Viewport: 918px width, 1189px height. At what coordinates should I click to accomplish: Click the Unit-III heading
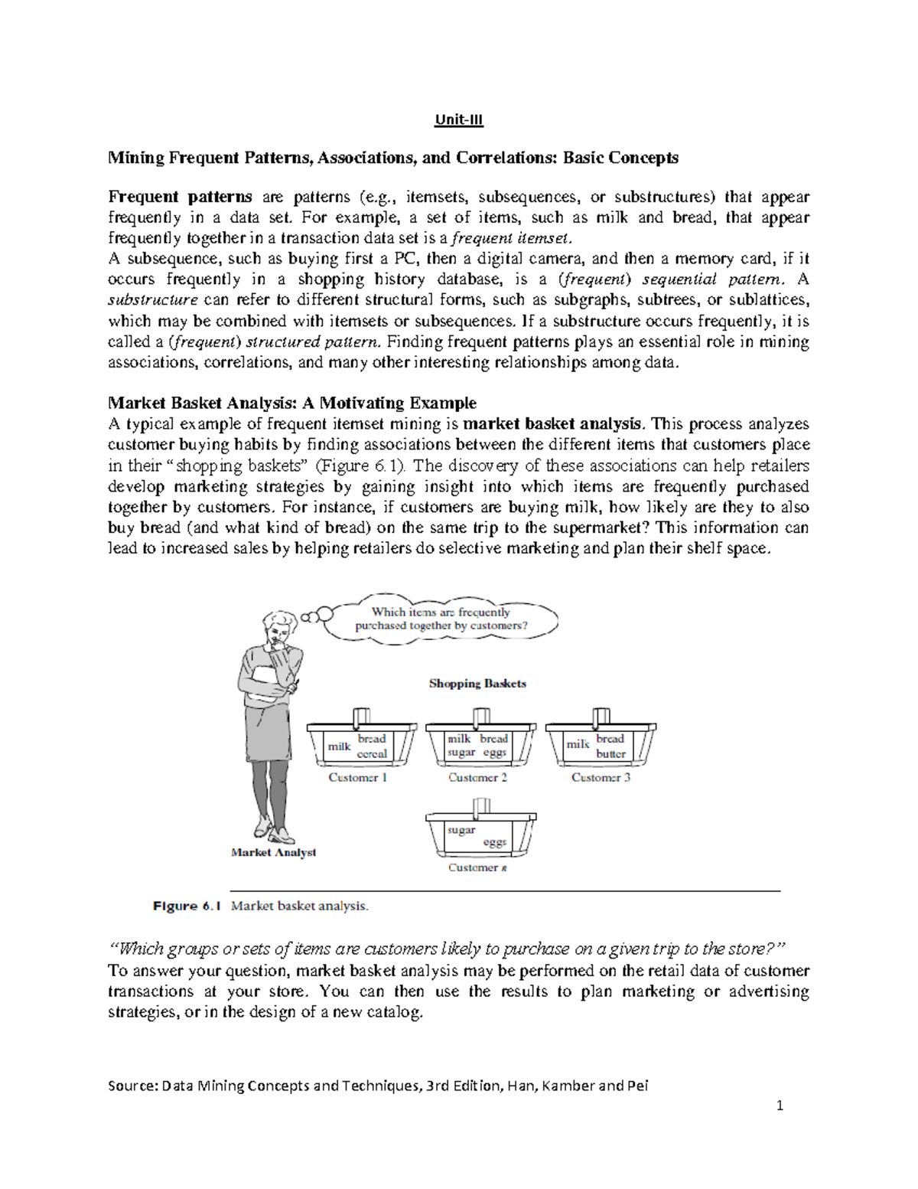(x=458, y=120)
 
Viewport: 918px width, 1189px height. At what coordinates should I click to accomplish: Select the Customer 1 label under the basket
(x=357, y=778)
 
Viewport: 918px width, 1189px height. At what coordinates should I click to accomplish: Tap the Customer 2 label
(x=477, y=778)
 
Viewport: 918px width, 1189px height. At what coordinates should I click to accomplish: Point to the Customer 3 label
(x=601, y=778)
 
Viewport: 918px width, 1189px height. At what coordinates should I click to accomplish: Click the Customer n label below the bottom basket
(x=477, y=867)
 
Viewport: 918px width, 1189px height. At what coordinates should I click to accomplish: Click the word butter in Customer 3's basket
(x=610, y=753)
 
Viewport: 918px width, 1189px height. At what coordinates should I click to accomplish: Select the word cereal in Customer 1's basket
(x=372, y=753)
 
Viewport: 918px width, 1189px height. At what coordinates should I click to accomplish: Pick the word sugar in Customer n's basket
(x=461, y=830)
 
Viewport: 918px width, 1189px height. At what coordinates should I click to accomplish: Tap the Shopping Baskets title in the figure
(x=477, y=684)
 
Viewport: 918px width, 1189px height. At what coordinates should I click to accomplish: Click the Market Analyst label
(x=273, y=852)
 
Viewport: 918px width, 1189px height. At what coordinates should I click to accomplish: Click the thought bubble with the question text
(x=441, y=619)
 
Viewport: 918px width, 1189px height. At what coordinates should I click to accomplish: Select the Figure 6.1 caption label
(x=187, y=906)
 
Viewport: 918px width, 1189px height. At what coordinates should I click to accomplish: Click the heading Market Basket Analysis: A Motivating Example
(x=292, y=403)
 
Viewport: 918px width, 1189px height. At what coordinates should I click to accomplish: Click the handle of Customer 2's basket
(x=477, y=718)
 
